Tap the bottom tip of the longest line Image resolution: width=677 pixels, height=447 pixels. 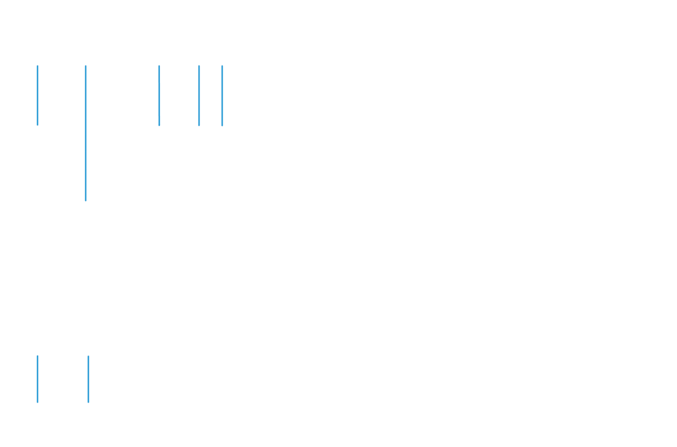tap(86, 200)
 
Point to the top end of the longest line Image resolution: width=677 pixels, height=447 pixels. tap(86, 66)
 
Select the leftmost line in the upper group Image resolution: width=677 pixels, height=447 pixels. tap(38, 93)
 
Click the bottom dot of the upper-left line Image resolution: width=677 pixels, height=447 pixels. tap(38, 124)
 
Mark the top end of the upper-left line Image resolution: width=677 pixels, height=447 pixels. tap(38, 66)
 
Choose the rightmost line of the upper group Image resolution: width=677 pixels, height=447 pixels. tap(222, 93)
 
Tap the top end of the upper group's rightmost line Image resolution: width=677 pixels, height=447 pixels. tap(222, 66)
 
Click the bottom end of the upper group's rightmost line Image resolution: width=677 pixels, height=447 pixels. tap(222, 125)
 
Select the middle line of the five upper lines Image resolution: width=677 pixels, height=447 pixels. tap(159, 93)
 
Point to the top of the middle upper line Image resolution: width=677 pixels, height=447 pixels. tap(159, 66)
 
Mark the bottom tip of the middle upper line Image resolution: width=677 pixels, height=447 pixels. tap(159, 125)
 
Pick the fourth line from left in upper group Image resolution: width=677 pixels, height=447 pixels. tap(199, 93)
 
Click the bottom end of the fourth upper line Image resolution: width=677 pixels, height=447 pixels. tap(199, 125)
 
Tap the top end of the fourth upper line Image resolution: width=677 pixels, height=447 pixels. tap(199, 66)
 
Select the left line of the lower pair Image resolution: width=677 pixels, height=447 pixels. tap(38, 379)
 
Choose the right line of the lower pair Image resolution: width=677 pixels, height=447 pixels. tap(89, 379)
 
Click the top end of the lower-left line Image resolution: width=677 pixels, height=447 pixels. tap(38, 356)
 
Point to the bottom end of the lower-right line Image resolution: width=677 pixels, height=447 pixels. tap(89, 402)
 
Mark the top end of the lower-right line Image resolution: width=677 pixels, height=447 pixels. tap(89, 356)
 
